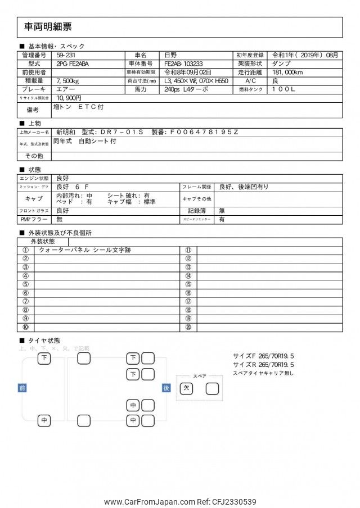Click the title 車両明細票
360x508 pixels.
coord(48,26)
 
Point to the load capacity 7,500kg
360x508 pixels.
coord(68,81)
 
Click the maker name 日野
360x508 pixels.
coord(170,56)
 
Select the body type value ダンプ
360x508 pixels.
coord(281,64)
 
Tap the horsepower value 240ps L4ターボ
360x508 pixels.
coord(186,89)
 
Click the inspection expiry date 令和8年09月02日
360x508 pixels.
coord(188,72)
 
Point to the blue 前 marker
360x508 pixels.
coord(22,388)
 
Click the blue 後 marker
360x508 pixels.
coord(166,388)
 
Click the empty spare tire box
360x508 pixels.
coord(212,388)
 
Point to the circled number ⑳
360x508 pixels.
coord(188,327)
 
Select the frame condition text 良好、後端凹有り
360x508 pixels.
coord(244,187)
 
